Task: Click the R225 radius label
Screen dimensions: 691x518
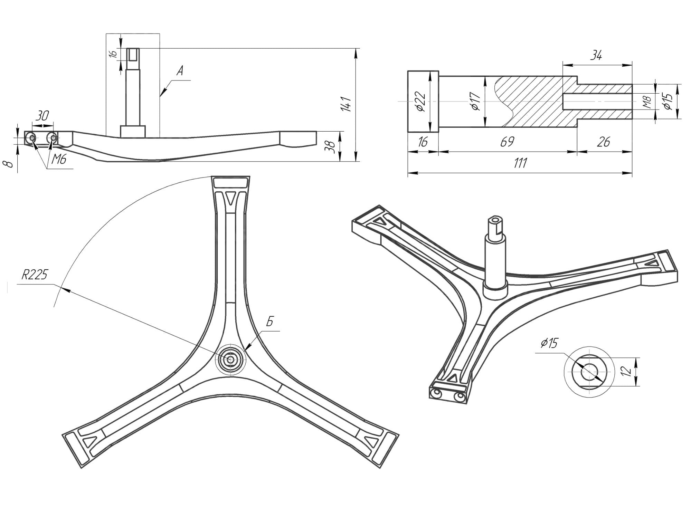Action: [x=34, y=275]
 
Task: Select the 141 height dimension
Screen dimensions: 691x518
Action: [x=346, y=104]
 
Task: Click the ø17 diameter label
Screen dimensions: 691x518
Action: [x=475, y=101]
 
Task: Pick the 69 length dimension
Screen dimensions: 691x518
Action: [x=507, y=142]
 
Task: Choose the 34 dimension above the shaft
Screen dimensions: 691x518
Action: [x=596, y=55]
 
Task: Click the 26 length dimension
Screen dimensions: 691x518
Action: [x=603, y=142]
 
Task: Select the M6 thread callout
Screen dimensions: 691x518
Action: [x=59, y=160]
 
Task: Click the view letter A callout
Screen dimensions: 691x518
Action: [x=180, y=71]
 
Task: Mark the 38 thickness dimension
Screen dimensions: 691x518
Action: [x=331, y=147]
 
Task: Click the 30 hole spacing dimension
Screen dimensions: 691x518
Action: [x=42, y=115]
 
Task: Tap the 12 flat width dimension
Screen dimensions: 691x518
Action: [x=626, y=371]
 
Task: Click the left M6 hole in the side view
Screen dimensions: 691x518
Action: [x=32, y=138]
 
